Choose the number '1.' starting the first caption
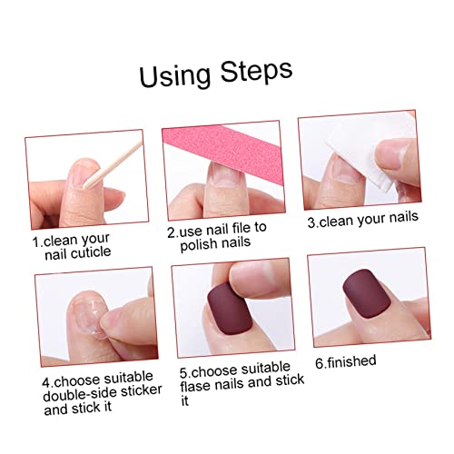37,242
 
